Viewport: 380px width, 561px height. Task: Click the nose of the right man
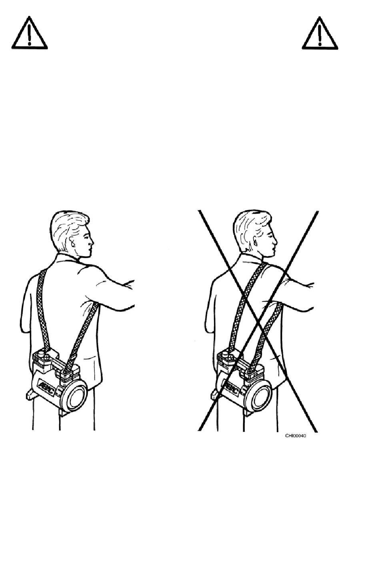pos(275,242)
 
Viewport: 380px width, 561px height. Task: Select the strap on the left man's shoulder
pos(43,308)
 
